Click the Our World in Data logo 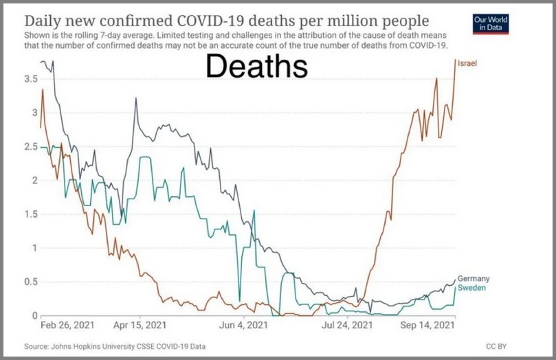(x=491, y=23)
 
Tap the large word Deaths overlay (x=256, y=67)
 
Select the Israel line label (x=467, y=64)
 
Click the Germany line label (x=474, y=278)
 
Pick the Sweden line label (x=471, y=288)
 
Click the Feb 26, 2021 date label (x=67, y=324)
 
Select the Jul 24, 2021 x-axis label (x=347, y=324)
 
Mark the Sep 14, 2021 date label (x=428, y=324)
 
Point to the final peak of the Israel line (x=455, y=60)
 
